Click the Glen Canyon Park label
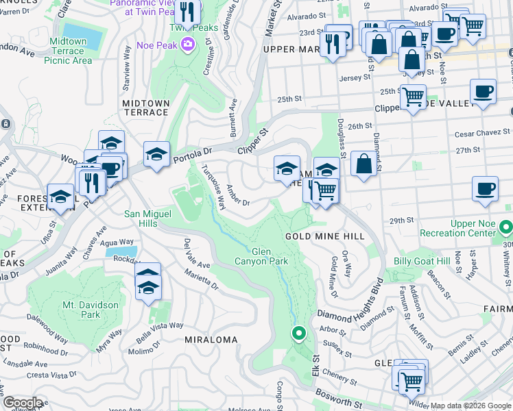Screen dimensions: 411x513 260,256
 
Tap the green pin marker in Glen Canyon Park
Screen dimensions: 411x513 298,334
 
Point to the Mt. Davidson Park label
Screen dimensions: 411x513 91,310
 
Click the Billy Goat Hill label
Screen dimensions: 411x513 421,262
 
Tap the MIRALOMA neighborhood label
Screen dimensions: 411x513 211,340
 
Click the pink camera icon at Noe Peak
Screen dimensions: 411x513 188,45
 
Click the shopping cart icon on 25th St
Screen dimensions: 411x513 413,97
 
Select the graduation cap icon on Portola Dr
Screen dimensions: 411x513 157,154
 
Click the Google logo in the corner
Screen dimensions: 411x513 22,403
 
